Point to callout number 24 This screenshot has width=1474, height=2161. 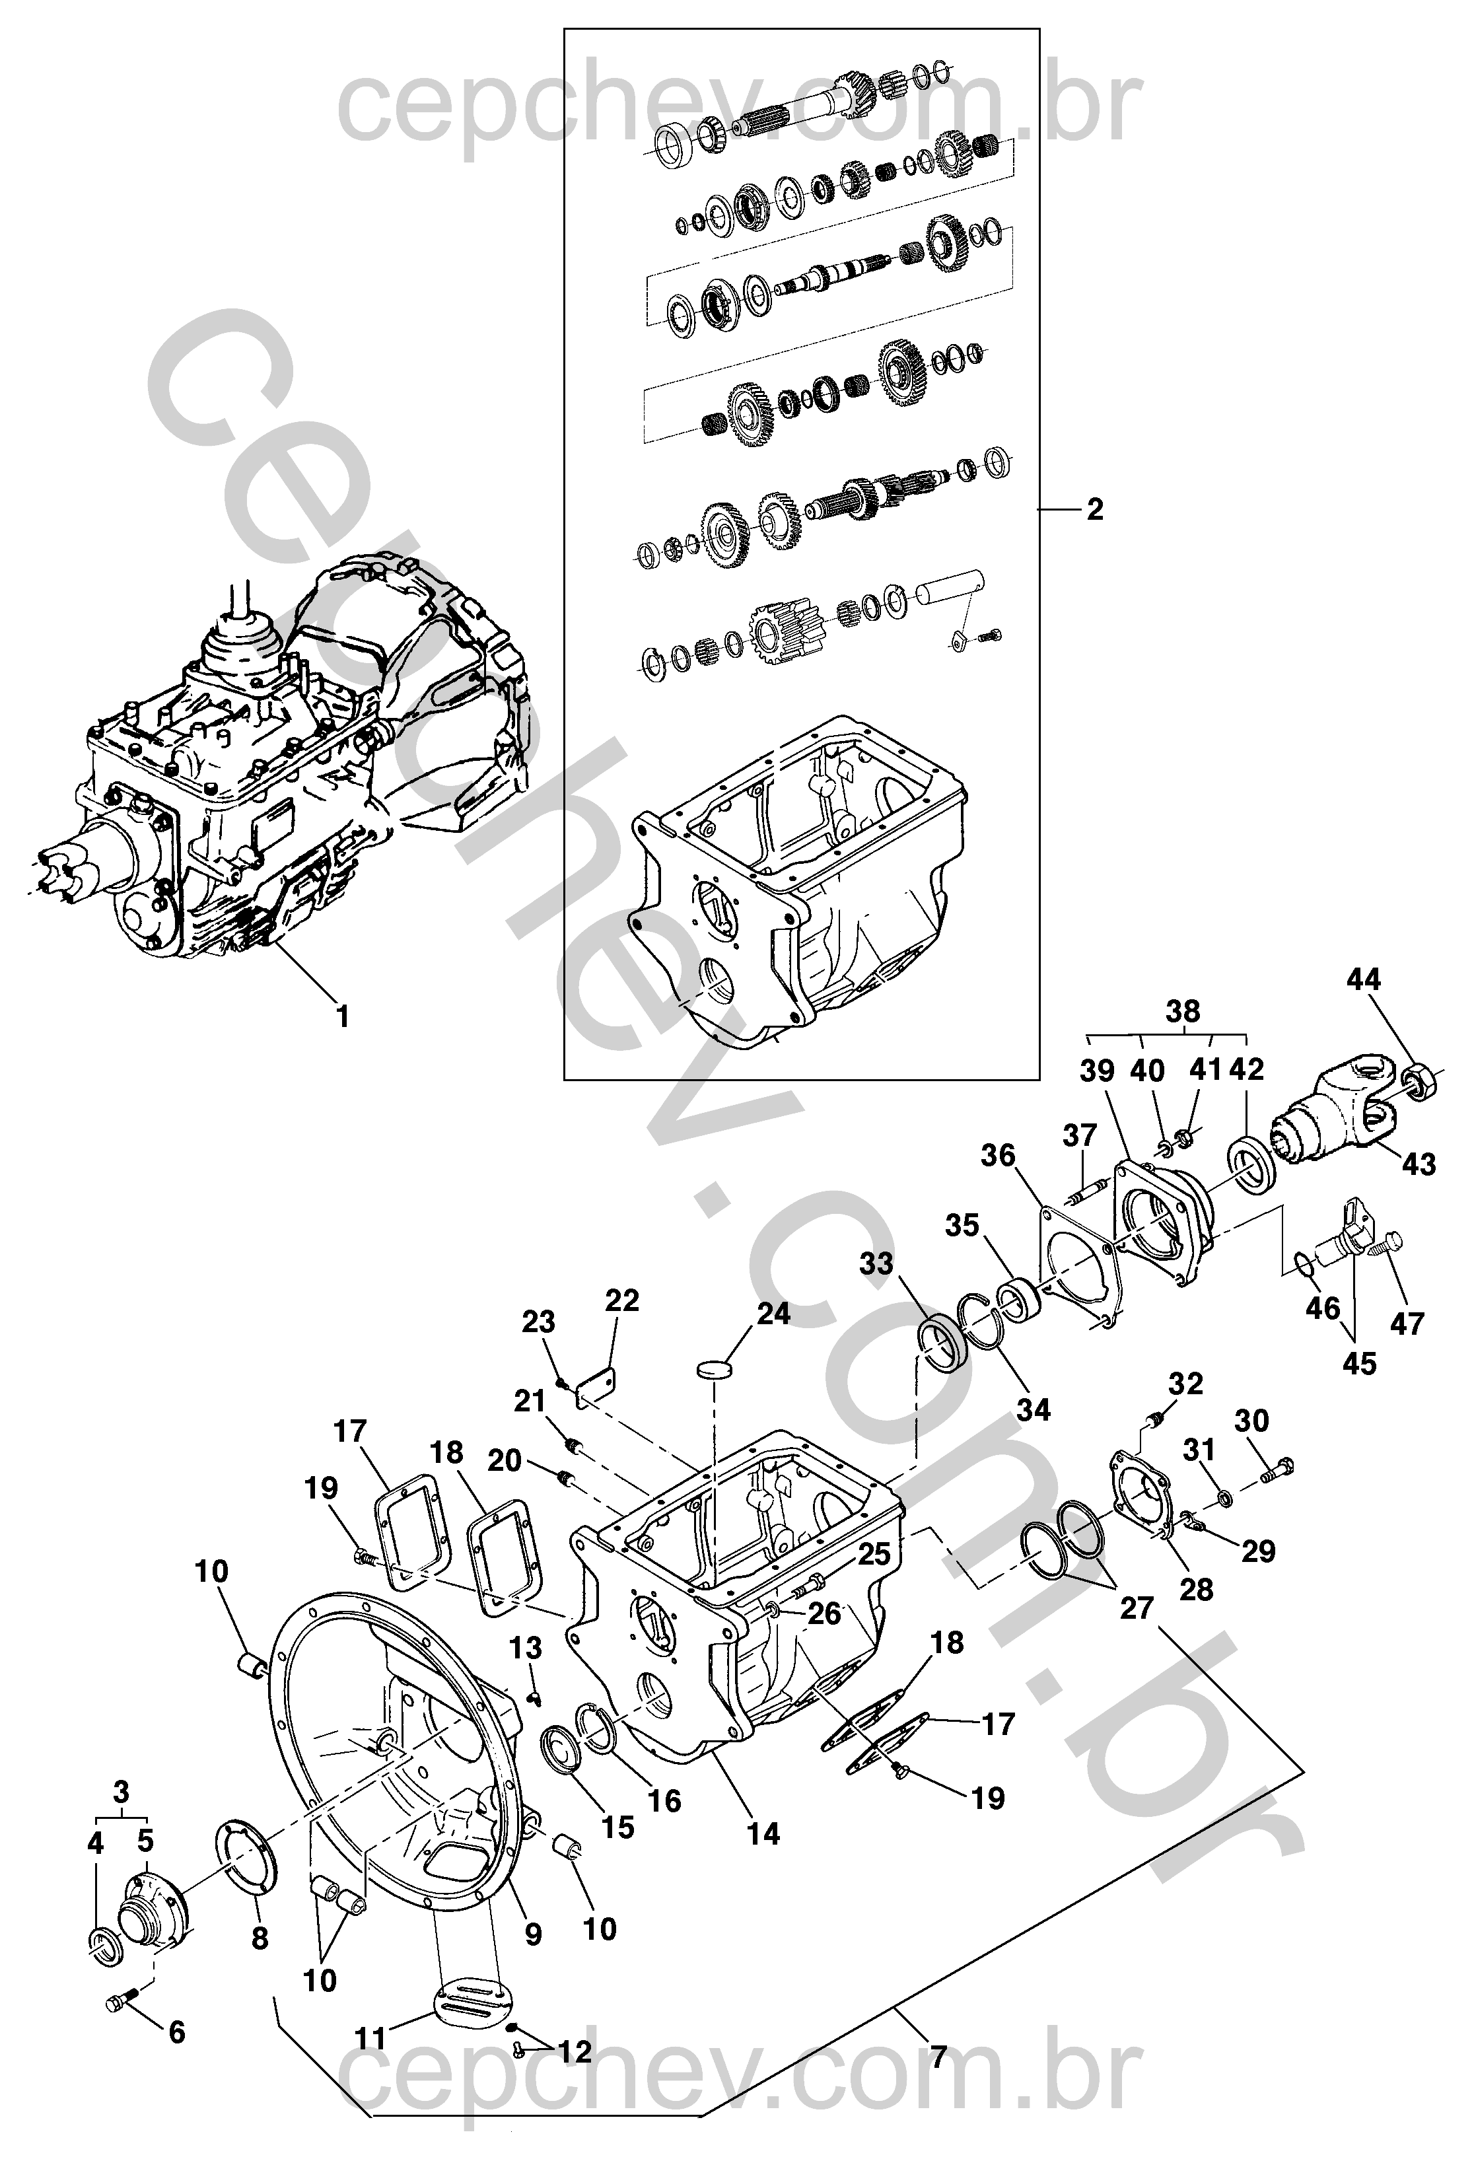(773, 1314)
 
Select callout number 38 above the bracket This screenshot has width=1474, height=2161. (1183, 1012)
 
